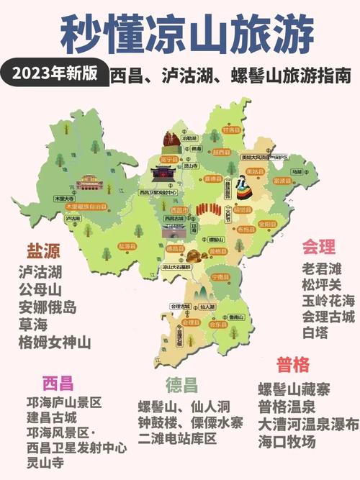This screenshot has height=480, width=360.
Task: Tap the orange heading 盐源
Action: click(43, 251)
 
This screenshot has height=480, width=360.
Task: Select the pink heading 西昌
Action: click(58, 382)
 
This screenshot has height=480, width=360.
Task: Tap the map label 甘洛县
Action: click(231, 131)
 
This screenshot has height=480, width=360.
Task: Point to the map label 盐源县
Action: click(127, 246)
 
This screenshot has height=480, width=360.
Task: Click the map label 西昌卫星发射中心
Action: click(158, 193)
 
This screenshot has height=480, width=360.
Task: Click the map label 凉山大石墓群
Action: click(177, 266)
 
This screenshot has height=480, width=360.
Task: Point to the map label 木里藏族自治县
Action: click(88, 206)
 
